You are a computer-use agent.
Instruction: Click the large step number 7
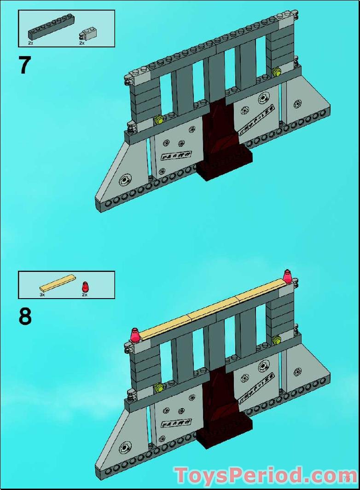(x=24, y=65)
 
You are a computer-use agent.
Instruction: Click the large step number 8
(x=25, y=317)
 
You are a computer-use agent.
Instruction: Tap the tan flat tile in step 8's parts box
(x=58, y=282)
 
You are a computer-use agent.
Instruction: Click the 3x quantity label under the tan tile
(x=42, y=294)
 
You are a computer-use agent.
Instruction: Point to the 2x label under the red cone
(x=85, y=294)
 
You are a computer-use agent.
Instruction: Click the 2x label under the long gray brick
(x=30, y=43)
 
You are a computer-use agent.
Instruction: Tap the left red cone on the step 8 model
(x=135, y=335)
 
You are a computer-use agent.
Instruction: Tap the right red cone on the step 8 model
(x=288, y=277)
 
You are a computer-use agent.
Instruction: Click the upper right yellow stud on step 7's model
(x=277, y=71)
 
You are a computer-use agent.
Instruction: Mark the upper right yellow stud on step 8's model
(x=277, y=340)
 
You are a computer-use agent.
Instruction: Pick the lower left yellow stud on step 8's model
(x=159, y=388)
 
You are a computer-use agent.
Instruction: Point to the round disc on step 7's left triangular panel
(x=124, y=180)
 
